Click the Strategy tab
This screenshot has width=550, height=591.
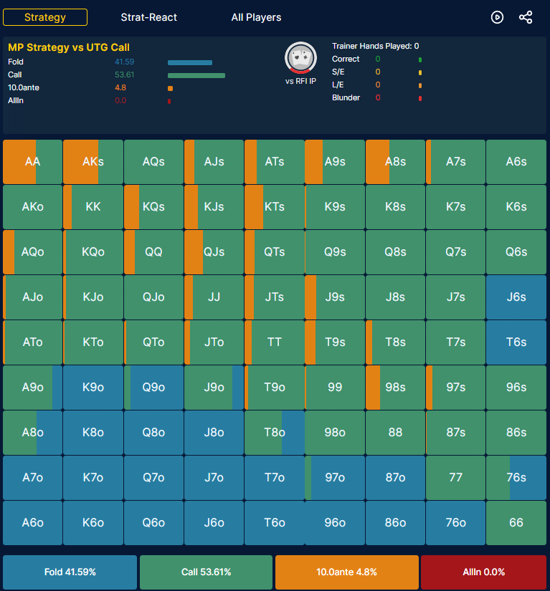(45, 17)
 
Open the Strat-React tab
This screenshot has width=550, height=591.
(148, 17)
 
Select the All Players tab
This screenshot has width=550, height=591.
(256, 17)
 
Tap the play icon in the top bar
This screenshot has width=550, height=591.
(497, 17)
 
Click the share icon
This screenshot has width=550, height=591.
(526, 17)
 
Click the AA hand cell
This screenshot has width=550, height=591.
(32, 162)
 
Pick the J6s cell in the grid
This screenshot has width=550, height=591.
(516, 297)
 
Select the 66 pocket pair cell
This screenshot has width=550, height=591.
(516, 523)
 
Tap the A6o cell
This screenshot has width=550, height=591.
(32, 523)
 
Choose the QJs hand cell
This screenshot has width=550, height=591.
(214, 251)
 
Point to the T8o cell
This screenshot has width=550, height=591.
(274, 432)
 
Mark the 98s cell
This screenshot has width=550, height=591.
(395, 387)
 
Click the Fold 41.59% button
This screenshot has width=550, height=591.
(70, 572)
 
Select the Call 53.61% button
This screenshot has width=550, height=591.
(206, 572)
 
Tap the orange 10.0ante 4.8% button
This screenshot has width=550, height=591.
(346, 572)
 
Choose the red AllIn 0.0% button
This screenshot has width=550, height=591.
(483, 572)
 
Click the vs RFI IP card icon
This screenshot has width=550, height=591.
(300, 58)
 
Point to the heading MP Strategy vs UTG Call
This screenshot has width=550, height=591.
(69, 47)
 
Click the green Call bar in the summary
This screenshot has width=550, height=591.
(196, 75)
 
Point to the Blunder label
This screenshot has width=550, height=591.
(346, 97)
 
